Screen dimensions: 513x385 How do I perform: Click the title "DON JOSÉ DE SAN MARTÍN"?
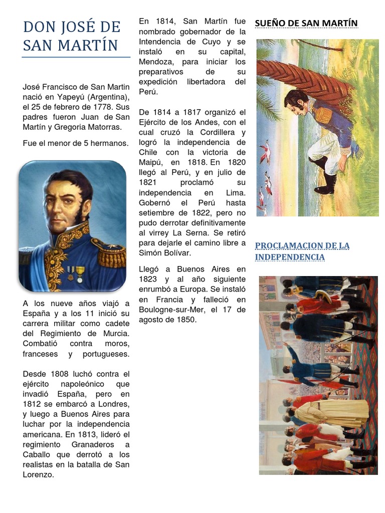[x=72, y=36]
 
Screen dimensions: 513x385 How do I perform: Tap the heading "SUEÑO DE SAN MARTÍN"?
[x=306, y=23]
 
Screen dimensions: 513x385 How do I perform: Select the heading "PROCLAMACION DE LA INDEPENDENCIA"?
[x=302, y=251]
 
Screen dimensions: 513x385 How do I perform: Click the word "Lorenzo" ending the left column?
[x=38, y=474]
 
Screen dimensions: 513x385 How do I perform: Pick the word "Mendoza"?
[x=156, y=62]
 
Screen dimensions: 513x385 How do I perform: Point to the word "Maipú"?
[x=151, y=162]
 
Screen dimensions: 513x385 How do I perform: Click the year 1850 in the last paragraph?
[x=185, y=320]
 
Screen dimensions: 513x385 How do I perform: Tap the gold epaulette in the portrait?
[x=111, y=253]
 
